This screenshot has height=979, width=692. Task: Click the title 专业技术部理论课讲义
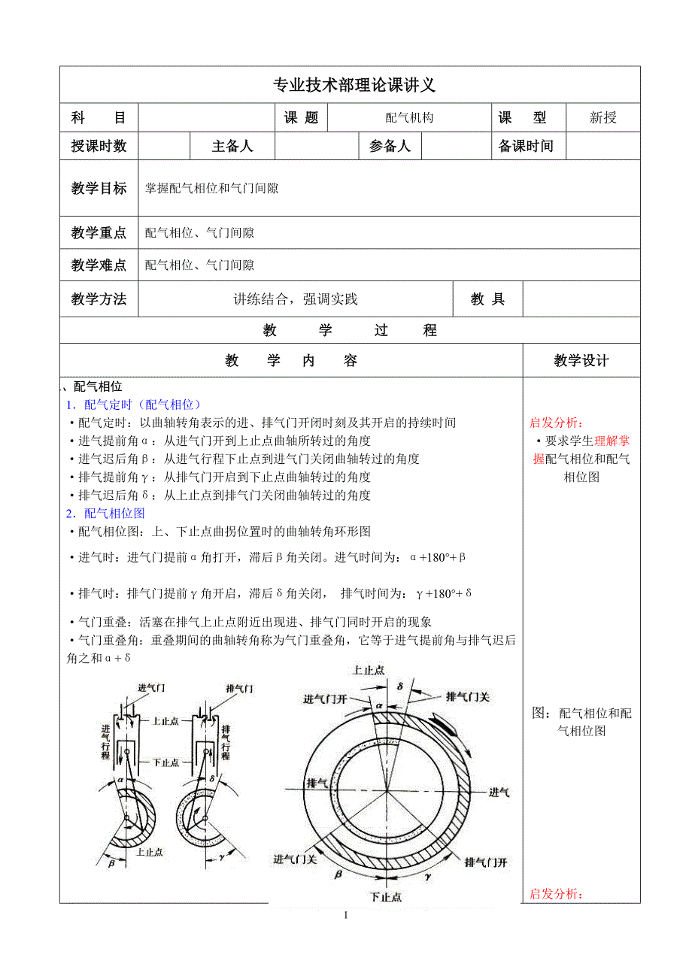pos(350,85)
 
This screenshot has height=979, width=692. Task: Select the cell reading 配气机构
pos(409,118)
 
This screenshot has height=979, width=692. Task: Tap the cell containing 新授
pos(602,118)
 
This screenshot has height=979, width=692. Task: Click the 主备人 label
pos(232,147)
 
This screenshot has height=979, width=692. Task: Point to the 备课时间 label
pos(526,147)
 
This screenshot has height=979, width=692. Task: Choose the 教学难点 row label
pos(99,265)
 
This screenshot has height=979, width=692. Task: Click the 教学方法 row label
pos(99,299)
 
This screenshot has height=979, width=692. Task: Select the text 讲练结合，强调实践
pos(296,299)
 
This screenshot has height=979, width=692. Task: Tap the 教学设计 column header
pos(581,361)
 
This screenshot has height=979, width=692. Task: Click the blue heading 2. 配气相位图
pos(105,514)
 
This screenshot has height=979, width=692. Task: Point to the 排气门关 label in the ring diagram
pos(467,697)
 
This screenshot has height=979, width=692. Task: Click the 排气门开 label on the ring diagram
pos(486,862)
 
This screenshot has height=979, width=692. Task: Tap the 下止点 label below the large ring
pos(386,896)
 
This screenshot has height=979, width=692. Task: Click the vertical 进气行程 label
pos(105,741)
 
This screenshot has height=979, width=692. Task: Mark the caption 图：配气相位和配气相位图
pos(581,722)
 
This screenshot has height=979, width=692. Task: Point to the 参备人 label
pos(390,147)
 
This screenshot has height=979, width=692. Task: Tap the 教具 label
pos(487,299)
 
